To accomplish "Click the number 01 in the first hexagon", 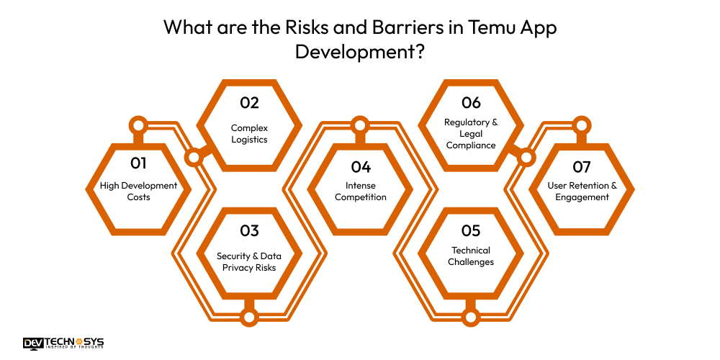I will tap(138, 164).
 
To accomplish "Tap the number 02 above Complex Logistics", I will tap(249, 103).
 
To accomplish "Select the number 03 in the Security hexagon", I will tap(249, 231).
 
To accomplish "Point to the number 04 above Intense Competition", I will tap(360, 167).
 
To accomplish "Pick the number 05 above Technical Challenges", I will tap(471, 231).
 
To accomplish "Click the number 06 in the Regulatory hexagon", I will tap(471, 103).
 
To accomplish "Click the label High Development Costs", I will tap(138, 191).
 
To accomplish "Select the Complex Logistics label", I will tap(249, 133).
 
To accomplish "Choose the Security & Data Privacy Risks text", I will tap(249, 261).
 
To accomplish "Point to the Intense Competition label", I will tap(360, 191).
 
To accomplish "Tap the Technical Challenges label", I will tap(471, 256).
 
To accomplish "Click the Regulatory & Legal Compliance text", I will tap(471, 133).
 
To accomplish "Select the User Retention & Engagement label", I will tap(582, 191).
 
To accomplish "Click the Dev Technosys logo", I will tap(63, 343).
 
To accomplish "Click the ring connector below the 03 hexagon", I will tap(249, 317).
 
